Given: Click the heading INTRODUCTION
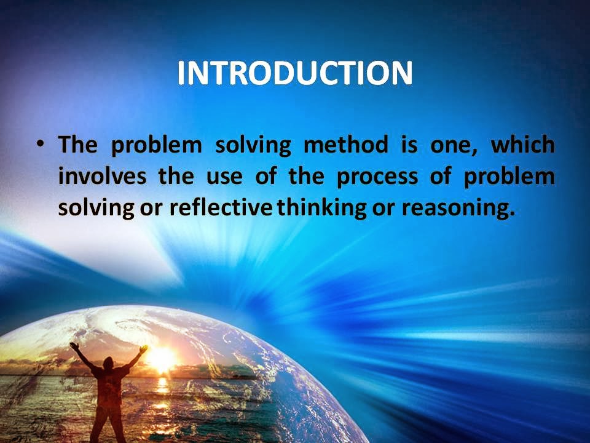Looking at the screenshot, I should click(295, 74).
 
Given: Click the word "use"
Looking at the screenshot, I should click(214, 177).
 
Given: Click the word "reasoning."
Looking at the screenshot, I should click(457, 209).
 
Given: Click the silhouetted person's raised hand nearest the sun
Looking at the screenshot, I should click(143, 349).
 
